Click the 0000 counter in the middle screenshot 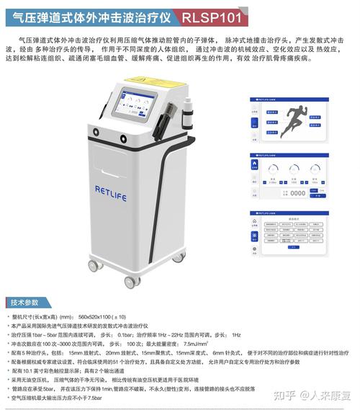[297, 192]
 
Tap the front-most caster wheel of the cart [130, 281]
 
